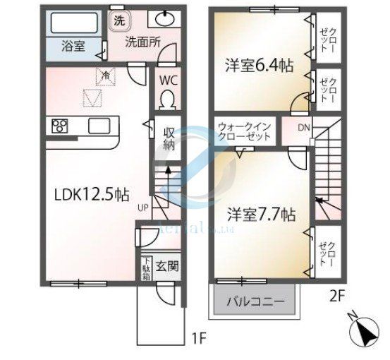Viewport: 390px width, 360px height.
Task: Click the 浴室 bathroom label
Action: coord(72,47)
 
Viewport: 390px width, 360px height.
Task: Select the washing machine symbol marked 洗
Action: coord(119,20)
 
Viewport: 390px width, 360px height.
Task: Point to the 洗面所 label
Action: coord(143,41)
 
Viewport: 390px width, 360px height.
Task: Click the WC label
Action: coord(168,80)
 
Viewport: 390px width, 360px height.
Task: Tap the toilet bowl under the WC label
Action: coord(168,103)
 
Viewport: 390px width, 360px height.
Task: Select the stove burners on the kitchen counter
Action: coord(60,126)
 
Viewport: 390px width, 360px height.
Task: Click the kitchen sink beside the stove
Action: coord(98,126)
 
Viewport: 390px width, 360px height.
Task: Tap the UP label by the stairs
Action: coord(143,208)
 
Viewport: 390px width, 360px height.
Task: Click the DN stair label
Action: coord(303,128)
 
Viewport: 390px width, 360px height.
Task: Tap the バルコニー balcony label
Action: coord(255,302)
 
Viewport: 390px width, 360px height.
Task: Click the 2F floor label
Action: coord(336,296)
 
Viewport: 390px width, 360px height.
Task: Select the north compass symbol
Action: coord(365,330)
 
